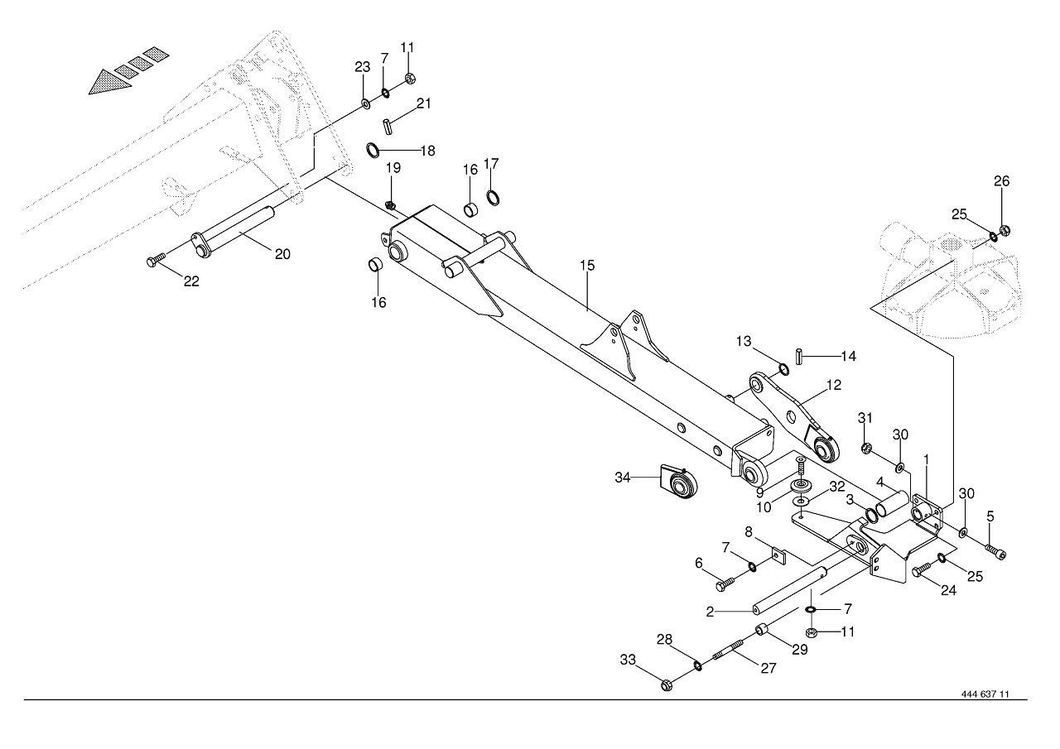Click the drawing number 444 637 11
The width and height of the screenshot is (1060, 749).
click(985, 694)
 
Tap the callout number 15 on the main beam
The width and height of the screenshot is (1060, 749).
click(587, 266)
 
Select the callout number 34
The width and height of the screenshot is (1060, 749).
click(622, 478)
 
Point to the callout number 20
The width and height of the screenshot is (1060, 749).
click(282, 254)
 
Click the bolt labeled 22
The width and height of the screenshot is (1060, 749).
click(157, 260)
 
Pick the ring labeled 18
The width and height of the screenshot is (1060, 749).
click(373, 151)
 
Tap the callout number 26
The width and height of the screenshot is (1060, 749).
click(1001, 181)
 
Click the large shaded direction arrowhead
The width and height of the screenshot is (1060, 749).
click(110, 82)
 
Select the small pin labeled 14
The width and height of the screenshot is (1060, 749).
click(799, 357)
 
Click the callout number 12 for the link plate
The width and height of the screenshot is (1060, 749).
click(834, 385)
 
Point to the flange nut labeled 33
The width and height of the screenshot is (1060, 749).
click(667, 685)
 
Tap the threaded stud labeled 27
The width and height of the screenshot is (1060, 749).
click(728, 649)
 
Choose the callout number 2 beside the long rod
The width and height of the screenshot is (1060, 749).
click(710, 612)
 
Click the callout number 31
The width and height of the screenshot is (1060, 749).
click(865, 418)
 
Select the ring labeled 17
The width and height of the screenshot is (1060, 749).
click(493, 197)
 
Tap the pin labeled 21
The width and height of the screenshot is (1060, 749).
click(388, 127)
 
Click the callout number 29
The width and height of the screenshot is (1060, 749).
click(800, 649)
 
